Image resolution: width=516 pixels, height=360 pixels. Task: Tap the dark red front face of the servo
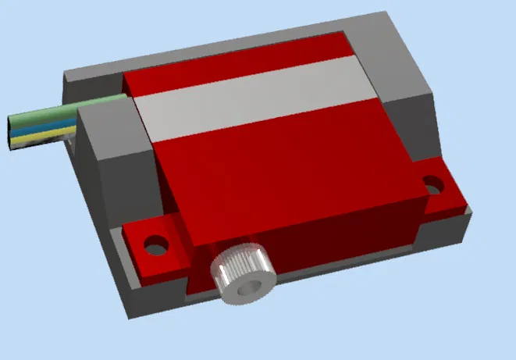point(336,234)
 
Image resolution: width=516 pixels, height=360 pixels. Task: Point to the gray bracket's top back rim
point(234,39)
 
